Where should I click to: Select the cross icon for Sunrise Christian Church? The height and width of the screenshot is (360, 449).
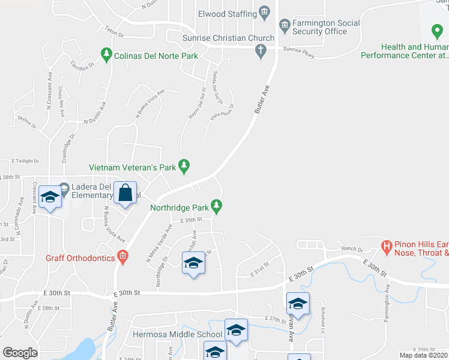coord(260,52)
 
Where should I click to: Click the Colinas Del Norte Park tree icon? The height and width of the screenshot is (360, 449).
coord(106,55)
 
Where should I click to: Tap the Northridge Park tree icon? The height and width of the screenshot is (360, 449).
coord(217,208)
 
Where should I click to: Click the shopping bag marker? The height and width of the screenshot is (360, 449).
coord(125,194)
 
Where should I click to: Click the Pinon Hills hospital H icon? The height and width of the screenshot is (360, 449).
coord(387,247)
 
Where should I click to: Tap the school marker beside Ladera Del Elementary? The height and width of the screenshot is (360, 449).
coord(50,198)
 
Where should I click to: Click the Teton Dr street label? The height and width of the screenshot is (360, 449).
coord(113,29)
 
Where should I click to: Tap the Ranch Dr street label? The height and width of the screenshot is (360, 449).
coord(352,249)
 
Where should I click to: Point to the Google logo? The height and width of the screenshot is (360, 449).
coord(20,352)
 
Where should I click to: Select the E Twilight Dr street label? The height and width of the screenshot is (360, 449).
coord(25,161)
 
